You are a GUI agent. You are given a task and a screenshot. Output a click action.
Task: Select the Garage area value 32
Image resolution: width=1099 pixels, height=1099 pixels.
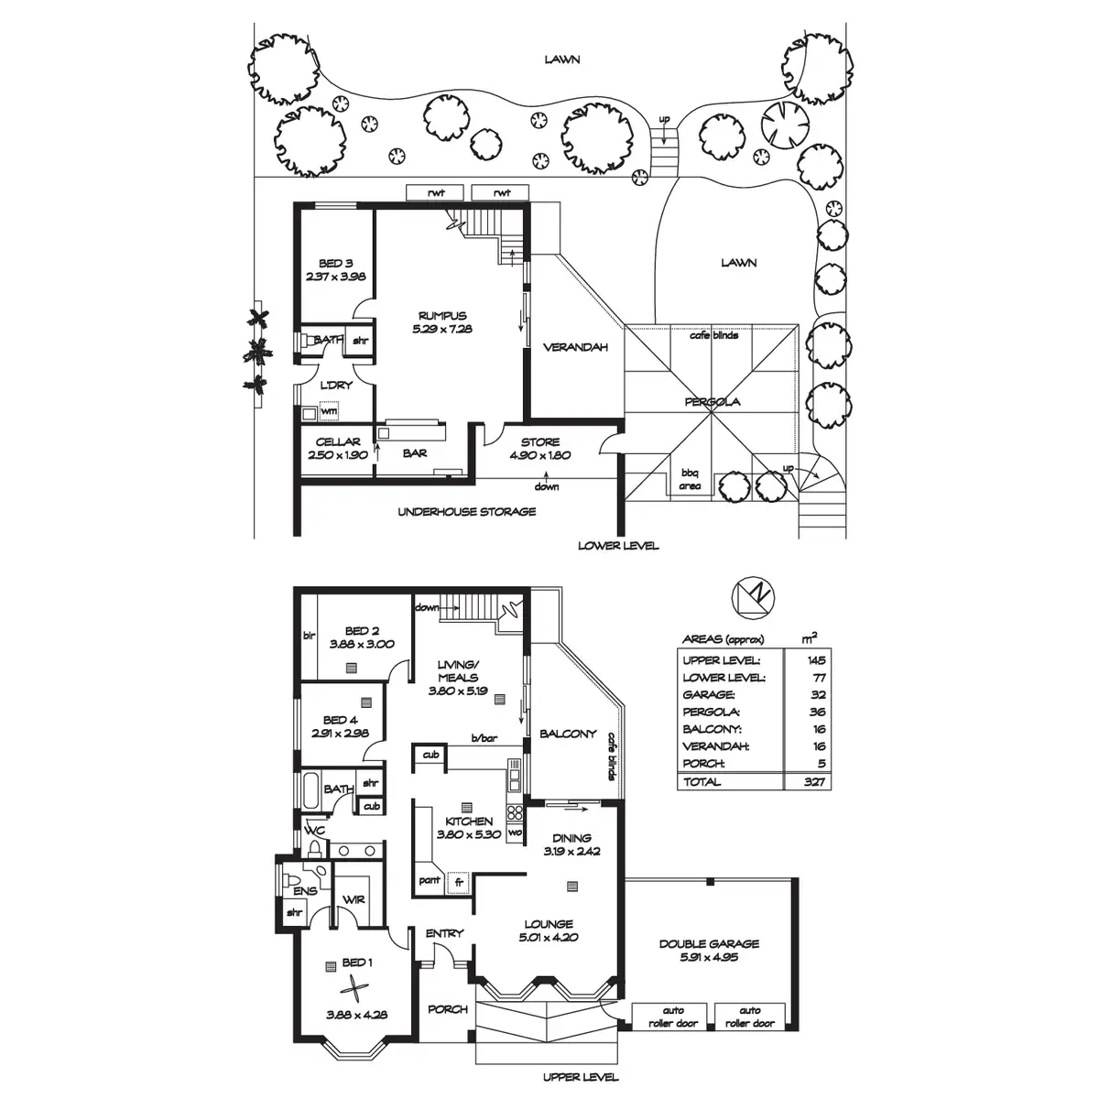coord(817,694)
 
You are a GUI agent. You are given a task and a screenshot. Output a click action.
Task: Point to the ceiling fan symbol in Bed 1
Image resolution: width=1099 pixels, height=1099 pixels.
coord(353,989)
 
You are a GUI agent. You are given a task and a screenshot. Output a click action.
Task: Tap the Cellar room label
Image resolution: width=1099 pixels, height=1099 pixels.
coord(336,442)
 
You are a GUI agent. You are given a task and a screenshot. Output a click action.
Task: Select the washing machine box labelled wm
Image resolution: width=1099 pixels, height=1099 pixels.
coord(328,411)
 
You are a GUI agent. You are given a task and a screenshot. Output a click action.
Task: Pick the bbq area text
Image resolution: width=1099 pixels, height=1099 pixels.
coord(689,479)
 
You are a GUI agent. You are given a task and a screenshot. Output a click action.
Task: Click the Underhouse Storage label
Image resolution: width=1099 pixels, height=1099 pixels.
coord(466,511)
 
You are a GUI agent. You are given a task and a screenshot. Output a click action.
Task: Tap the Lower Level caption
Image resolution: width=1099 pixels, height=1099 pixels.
coord(617,546)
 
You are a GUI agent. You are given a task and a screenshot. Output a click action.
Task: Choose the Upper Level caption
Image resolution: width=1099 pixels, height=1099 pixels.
coord(581,1077)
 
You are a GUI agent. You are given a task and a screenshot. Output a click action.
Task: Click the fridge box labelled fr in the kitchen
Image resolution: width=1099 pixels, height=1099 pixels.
coord(459,881)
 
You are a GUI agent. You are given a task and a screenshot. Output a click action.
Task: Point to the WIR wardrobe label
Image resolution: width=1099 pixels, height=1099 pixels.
coord(354,899)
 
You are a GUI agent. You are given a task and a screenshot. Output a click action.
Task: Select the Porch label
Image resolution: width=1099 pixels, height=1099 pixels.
coord(448,1009)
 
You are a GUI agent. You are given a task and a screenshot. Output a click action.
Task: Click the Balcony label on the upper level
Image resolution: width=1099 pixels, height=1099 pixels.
coord(568,734)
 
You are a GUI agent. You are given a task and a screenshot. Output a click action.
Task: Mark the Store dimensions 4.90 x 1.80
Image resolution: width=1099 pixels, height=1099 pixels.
coord(540,455)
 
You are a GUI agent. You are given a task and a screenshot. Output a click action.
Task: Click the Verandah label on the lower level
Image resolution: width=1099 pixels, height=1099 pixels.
coord(574,347)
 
